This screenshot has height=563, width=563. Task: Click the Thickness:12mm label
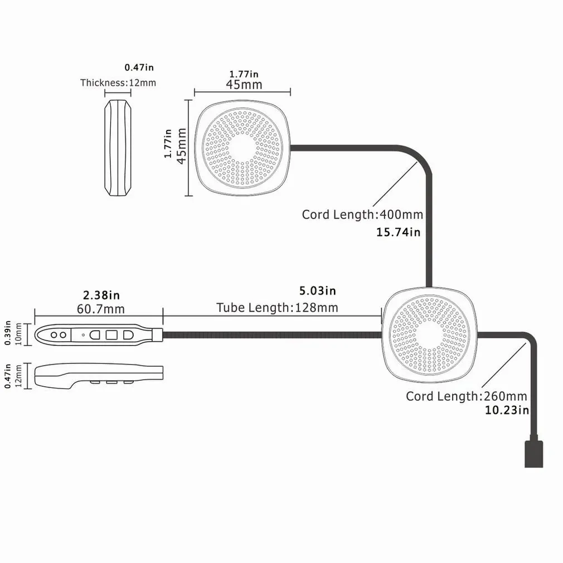pyautogui.click(x=118, y=83)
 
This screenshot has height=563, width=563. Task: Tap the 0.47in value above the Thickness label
pyautogui.click(x=139, y=67)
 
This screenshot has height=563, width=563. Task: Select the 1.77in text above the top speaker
pyautogui.click(x=244, y=74)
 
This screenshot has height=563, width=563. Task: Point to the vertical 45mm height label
pyautogui.click(x=181, y=147)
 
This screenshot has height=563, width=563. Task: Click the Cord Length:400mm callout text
pyautogui.click(x=362, y=215)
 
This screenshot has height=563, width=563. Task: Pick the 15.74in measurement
pyautogui.click(x=399, y=232)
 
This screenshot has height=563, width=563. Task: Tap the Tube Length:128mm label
pyautogui.click(x=277, y=308)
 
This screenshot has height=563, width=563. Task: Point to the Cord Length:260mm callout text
pyautogui.click(x=466, y=396)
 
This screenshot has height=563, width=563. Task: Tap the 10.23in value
pyautogui.click(x=506, y=410)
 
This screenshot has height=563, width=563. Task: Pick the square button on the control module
pyautogui.click(x=111, y=335)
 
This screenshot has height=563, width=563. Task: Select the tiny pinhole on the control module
pyautogui.click(x=83, y=335)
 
